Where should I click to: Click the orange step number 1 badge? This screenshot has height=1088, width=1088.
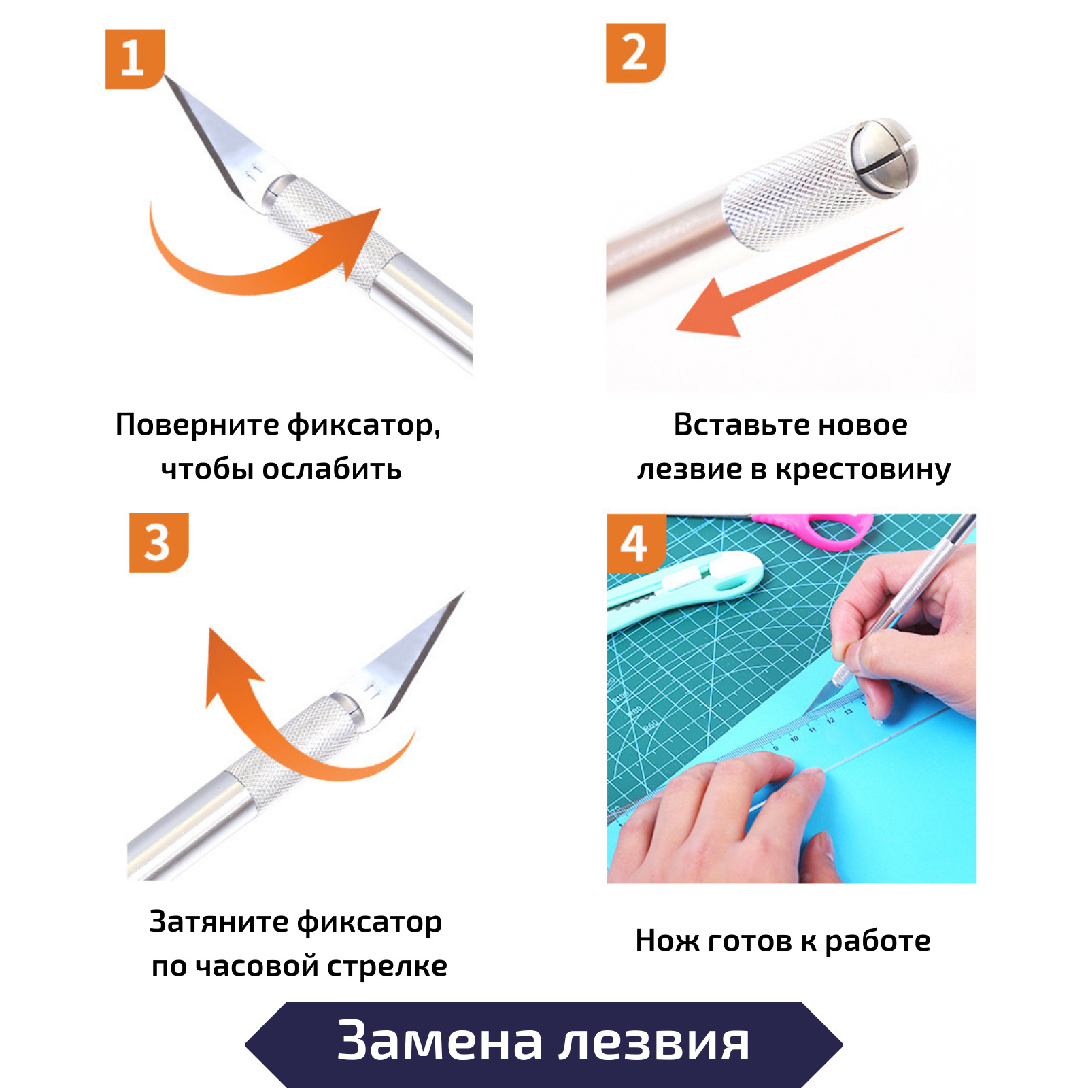pyautogui.click(x=135, y=59)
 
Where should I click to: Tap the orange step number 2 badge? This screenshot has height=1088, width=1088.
pyautogui.click(x=635, y=53)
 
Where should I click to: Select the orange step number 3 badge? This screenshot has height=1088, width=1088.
pyautogui.click(x=158, y=543)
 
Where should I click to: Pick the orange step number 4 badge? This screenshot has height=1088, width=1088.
pyautogui.click(x=635, y=543)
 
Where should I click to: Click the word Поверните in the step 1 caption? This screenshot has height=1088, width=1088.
pyautogui.click(x=197, y=425)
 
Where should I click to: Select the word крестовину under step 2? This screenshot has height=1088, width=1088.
pyautogui.click(x=863, y=470)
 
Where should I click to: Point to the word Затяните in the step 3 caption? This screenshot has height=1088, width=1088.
pyautogui.click(x=219, y=922)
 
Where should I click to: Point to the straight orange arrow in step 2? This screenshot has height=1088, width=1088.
pyautogui.click(x=789, y=282)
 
